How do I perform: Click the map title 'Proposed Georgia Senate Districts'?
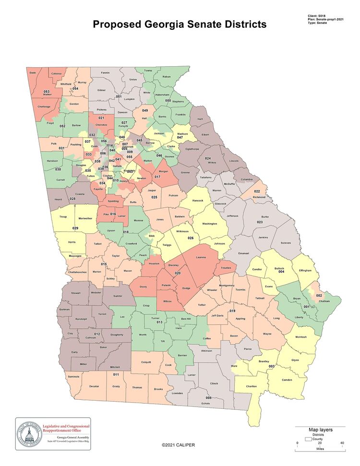click(x=180, y=24)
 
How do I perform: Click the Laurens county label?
click(x=201, y=258)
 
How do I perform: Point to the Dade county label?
click(x=33, y=72)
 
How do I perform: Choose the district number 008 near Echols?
click(x=208, y=398)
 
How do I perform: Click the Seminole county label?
click(x=73, y=376)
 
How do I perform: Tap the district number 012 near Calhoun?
click(x=96, y=334)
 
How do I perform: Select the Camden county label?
click(x=287, y=380)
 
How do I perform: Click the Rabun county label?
click(x=167, y=76)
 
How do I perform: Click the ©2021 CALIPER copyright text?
click(x=178, y=445)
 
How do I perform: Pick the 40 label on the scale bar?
click(x=342, y=443)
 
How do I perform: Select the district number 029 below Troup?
click(x=75, y=228)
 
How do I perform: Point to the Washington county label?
click(x=210, y=224)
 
